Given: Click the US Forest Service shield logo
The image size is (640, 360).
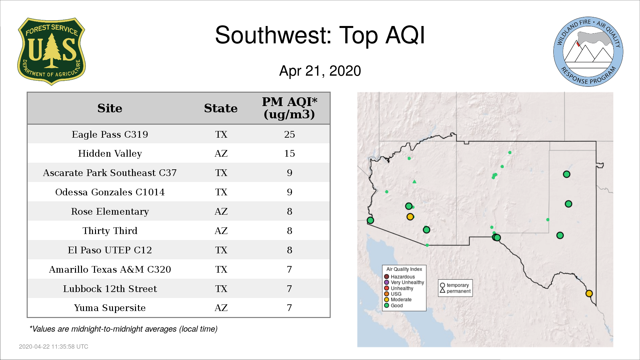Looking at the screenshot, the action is click(x=51, y=52).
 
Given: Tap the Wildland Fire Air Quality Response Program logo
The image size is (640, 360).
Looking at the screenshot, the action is click(x=588, y=52).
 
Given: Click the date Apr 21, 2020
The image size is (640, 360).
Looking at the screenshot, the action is click(x=320, y=71).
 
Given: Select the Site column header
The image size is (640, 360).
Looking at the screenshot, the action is click(x=110, y=108).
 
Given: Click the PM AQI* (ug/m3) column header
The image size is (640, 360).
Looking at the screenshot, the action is click(x=289, y=108).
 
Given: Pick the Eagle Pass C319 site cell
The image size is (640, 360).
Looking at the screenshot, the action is click(x=110, y=134).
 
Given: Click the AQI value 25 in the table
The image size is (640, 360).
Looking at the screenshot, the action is click(x=289, y=134).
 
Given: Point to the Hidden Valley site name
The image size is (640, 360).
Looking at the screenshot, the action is click(x=110, y=154).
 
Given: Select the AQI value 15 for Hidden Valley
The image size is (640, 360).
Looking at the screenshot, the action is click(x=289, y=154).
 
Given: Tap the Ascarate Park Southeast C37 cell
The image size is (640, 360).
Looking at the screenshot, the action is click(x=110, y=173).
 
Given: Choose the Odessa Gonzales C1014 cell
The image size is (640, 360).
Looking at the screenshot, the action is click(x=110, y=192).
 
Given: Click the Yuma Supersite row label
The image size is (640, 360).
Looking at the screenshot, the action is click(x=110, y=308).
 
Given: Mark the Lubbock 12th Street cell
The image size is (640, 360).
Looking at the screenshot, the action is click(x=110, y=289).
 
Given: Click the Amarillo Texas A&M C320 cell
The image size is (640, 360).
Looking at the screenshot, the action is click(x=110, y=269).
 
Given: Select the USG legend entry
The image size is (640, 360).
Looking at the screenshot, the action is click(x=393, y=294).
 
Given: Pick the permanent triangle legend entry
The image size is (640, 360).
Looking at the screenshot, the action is click(x=455, y=291).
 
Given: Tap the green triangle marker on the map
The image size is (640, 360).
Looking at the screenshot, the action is click(x=414, y=182).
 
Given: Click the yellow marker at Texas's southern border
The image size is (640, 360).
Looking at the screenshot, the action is click(x=589, y=293).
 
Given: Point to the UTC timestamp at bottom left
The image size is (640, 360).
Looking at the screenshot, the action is click(x=54, y=347).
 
